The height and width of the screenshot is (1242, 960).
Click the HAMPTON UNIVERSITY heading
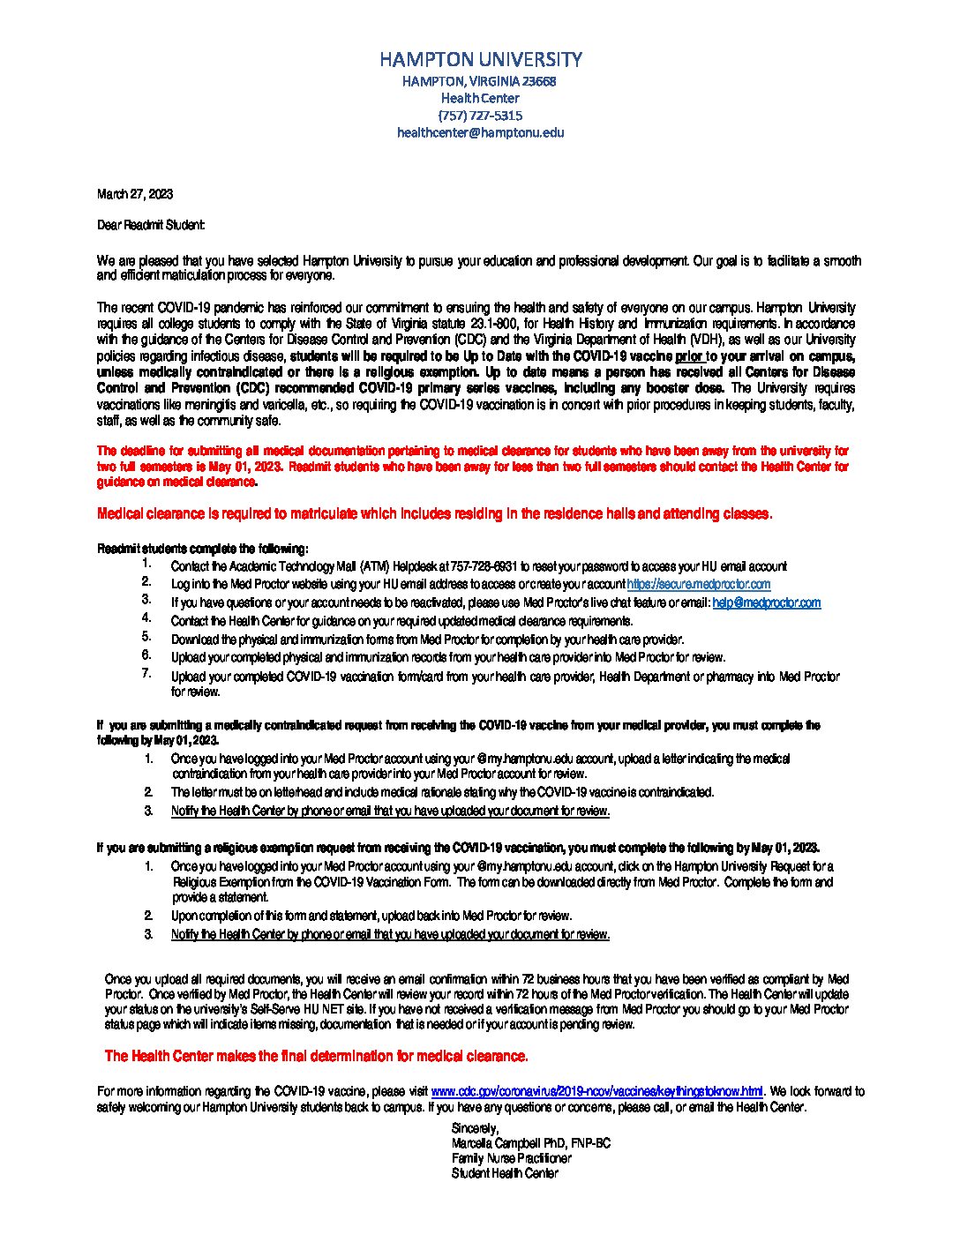(480, 59)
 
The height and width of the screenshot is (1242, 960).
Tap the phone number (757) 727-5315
(480, 116)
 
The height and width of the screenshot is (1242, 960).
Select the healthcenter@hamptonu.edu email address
(480, 133)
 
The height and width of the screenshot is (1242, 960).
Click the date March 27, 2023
(134, 194)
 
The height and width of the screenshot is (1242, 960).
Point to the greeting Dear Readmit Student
(151, 225)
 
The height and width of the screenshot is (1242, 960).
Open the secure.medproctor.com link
(698, 584)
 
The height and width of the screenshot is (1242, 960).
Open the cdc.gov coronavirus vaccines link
(596, 1091)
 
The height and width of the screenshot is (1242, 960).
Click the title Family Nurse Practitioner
(511, 1158)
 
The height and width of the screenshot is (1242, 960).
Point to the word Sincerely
(475, 1128)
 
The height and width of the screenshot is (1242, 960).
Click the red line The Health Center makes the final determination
(316, 1056)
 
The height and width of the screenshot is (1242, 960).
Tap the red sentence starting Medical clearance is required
(434, 513)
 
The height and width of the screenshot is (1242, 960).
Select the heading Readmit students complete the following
(202, 549)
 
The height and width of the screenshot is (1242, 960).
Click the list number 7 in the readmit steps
(146, 674)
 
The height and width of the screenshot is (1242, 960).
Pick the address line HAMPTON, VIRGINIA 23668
(480, 81)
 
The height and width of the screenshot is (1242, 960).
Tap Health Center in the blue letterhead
(480, 98)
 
